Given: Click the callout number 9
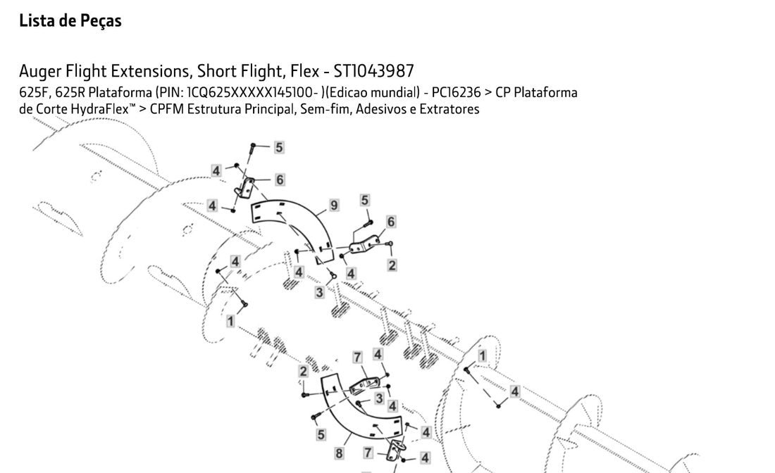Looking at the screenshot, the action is [x=334, y=206].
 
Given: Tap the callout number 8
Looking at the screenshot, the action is [x=339, y=453].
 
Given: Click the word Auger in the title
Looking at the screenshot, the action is [x=41, y=72].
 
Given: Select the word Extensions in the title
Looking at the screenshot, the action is [x=151, y=72].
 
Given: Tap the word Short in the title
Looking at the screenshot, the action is [x=216, y=72].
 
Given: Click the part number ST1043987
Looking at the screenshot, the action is [x=373, y=72].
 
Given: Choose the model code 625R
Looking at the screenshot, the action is [x=70, y=93].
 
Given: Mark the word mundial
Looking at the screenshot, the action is [x=393, y=93].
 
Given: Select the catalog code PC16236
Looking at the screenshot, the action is [x=457, y=93].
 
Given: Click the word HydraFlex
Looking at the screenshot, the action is [x=100, y=110].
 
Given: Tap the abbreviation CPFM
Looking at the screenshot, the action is [x=166, y=109].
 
